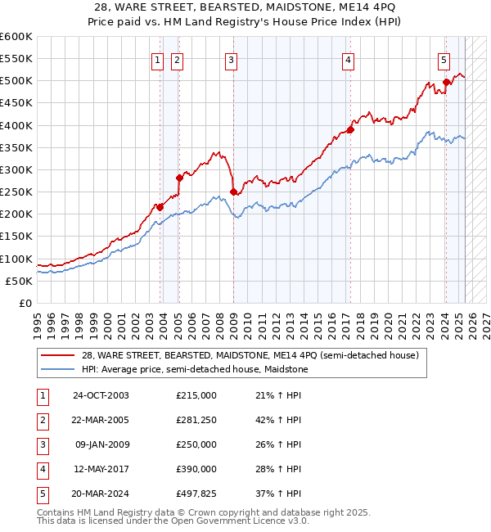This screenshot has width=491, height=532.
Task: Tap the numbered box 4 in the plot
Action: [x=348, y=59]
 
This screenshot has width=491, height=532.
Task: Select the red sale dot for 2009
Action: [x=233, y=192]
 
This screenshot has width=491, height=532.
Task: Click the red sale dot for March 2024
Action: [x=446, y=82]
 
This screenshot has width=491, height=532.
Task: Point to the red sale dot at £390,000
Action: [x=350, y=129]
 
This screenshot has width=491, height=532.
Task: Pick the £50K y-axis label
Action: [x=20, y=281]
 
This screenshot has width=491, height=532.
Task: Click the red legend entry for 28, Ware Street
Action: [x=250, y=355]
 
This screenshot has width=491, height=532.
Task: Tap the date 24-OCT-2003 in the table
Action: [x=101, y=395]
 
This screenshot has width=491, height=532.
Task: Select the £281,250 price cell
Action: [x=196, y=420]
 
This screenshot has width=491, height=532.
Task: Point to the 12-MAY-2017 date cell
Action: [x=101, y=469]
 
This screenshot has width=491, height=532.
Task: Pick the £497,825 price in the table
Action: [x=196, y=494]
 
